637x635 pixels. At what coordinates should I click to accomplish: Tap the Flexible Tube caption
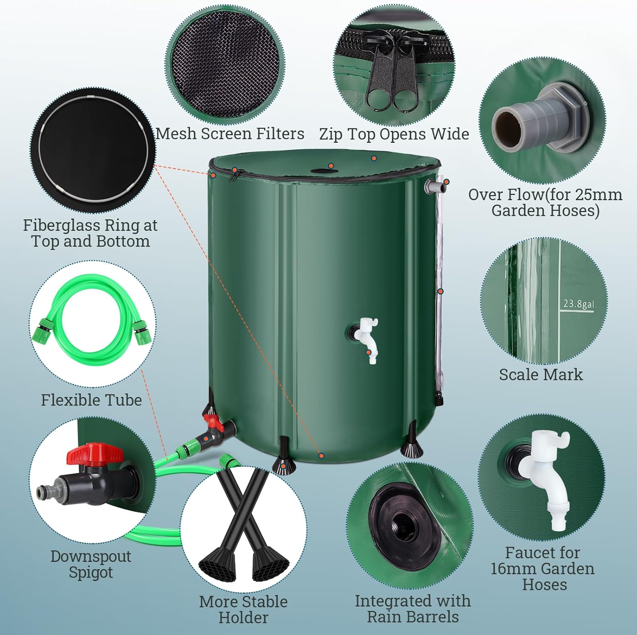(x=91, y=400)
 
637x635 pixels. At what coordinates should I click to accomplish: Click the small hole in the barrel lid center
(x=318, y=171)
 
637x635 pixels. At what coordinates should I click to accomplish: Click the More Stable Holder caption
(x=243, y=609)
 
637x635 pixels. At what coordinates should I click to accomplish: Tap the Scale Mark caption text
(x=541, y=374)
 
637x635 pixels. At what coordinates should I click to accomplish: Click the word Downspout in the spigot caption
(x=90, y=556)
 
